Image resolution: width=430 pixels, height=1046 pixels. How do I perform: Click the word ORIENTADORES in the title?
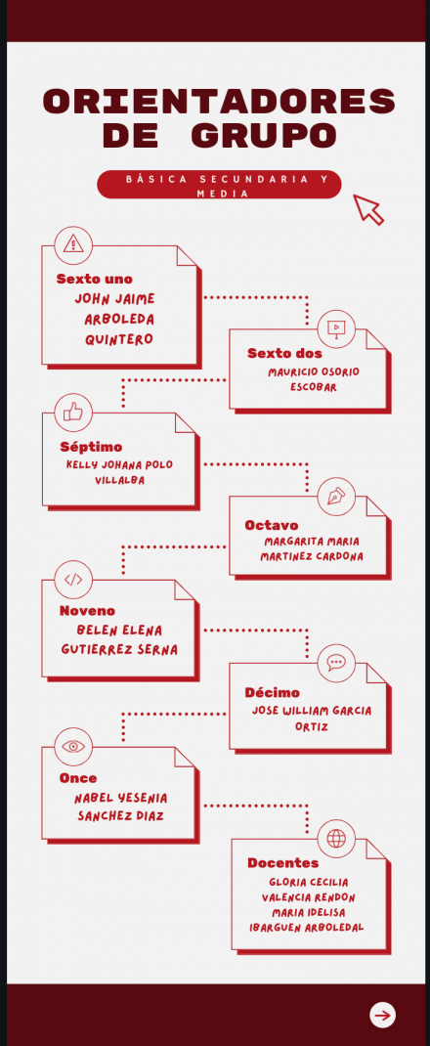coord(219,102)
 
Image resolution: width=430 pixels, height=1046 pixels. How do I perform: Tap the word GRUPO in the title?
coord(263,136)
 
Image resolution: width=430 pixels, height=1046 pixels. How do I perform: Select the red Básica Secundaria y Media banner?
coord(219,185)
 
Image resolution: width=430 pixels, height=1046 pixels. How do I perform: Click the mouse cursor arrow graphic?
coord(368,209)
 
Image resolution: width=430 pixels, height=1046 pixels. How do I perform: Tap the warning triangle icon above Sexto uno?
coord(73,243)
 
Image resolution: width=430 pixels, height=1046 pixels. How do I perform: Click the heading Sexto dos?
coord(284,354)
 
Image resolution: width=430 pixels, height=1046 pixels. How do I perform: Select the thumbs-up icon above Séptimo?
coord(73,412)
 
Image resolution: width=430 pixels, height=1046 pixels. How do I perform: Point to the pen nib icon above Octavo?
coord(336,497)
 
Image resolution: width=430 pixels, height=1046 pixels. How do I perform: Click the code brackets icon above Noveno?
coord(73,579)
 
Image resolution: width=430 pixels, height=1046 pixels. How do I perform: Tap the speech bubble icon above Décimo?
coord(336,663)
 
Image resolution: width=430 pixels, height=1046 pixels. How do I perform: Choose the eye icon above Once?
coord(73,747)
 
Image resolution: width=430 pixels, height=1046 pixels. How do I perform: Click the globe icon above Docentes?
coord(336,839)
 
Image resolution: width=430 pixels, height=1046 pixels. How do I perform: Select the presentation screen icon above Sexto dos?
coord(336,328)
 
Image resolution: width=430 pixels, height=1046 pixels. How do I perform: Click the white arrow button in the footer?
coord(383,1016)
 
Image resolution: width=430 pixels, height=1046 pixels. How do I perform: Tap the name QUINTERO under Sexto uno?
coord(118,339)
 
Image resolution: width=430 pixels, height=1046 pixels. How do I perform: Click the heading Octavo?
coord(272,526)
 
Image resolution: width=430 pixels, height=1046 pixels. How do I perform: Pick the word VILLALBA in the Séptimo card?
coord(119,480)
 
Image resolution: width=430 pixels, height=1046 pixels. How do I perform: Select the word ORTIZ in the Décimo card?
coord(312,726)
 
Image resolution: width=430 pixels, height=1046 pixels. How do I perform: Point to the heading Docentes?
coord(282,863)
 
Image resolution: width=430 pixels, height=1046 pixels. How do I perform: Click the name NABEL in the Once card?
coord(94,798)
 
